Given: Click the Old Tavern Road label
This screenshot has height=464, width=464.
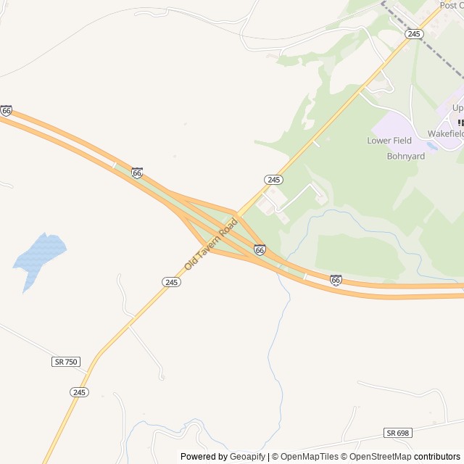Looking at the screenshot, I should coord(211,244).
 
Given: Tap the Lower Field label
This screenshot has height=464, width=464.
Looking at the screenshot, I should coord(389,141).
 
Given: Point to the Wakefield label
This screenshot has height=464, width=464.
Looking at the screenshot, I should coord(445,134).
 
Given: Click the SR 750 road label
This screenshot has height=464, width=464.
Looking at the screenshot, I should coord(66,361).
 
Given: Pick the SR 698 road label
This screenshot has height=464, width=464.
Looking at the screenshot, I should coord(397,433).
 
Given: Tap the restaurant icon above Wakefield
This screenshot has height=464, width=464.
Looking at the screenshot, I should coord(460,123).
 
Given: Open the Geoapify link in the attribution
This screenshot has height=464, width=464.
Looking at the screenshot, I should coord(247,457).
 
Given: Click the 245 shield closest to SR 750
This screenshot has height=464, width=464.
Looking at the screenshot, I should coord(80,392).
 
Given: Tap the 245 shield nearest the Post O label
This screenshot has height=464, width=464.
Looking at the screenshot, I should coord(414,34).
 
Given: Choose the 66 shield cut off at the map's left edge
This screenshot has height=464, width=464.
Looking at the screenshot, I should coord(6,110).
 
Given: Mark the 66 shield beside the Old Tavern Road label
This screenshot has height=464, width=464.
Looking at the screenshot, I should coord(260,249).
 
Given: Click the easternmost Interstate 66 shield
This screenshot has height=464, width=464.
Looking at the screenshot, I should coord(335,280).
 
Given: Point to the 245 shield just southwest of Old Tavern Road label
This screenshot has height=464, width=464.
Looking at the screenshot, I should coord(171,282).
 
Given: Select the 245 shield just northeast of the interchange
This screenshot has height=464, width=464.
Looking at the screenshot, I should coord(273,179).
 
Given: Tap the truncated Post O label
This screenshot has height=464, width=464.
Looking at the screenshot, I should coord(451,5).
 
